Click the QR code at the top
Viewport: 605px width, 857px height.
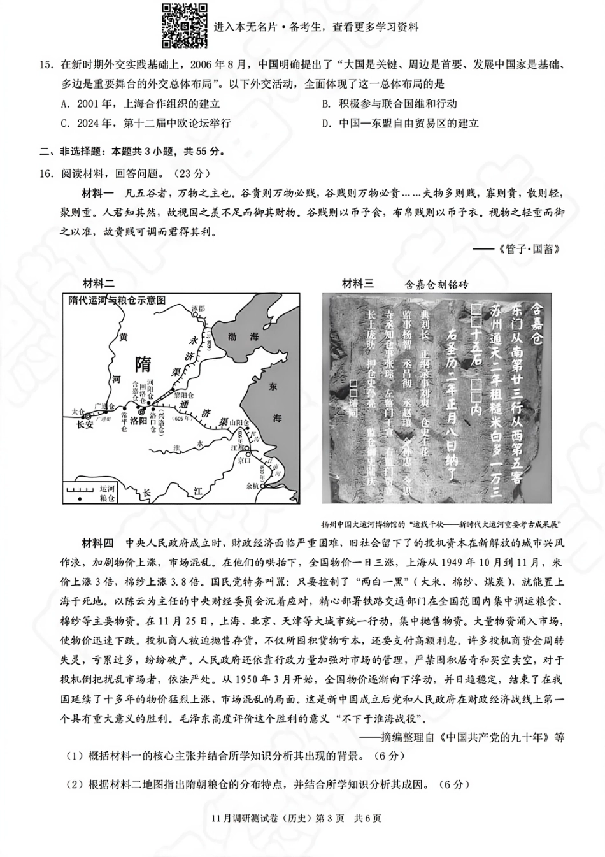(x=184, y=25)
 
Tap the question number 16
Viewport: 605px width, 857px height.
(x=45, y=173)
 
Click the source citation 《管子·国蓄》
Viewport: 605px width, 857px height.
(x=528, y=248)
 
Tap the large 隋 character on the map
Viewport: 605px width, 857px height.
(x=144, y=364)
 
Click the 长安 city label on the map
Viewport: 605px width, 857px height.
(x=85, y=424)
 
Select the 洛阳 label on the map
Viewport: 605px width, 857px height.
(x=138, y=421)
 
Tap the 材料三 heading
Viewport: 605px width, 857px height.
(x=358, y=284)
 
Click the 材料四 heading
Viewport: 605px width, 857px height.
(x=97, y=543)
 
